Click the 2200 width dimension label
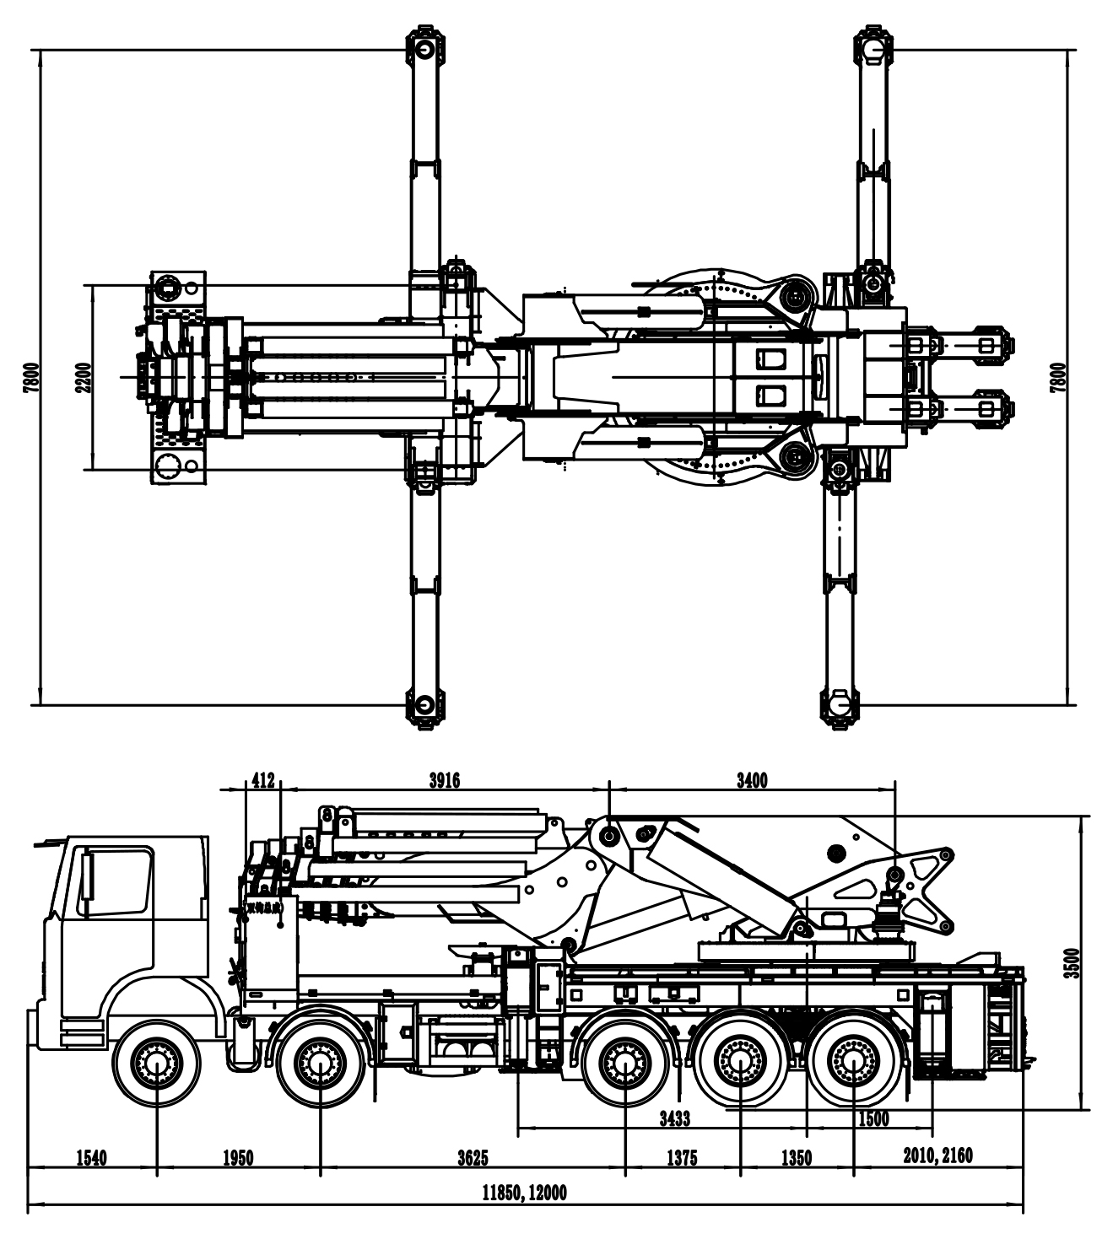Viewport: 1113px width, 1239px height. pos(82,377)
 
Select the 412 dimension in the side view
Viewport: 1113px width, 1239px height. pos(263,780)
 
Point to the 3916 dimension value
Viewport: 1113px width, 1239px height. pos(445,780)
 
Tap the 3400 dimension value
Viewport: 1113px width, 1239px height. pos(752,780)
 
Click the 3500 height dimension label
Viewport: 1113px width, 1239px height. pos(1072,962)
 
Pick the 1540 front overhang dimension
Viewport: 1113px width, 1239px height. pos(91,1158)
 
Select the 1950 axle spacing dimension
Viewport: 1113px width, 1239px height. pos(238,1158)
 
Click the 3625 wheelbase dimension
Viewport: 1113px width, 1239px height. pos(473,1158)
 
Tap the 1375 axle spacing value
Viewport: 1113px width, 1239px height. pos(682,1158)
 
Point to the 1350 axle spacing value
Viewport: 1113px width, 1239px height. pos(796,1158)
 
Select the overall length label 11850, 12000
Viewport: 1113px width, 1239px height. pos(524,1193)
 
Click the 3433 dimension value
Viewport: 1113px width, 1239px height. pos(674,1118)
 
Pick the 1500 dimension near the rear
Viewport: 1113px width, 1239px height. pos(873,1118)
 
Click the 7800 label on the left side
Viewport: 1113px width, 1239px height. pos(31,377)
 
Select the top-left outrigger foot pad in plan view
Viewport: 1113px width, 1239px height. pos(423,48)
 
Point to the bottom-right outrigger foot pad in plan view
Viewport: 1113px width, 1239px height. pos(838,704)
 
